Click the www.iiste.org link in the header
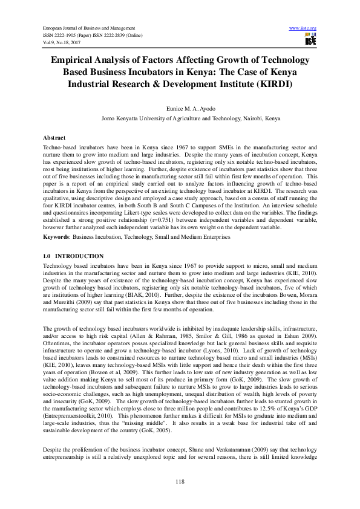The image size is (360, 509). point(303,28)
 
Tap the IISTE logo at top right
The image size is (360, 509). point(310,40)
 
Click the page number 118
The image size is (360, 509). point(180,481)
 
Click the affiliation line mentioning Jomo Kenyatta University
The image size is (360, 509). point(180,119)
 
